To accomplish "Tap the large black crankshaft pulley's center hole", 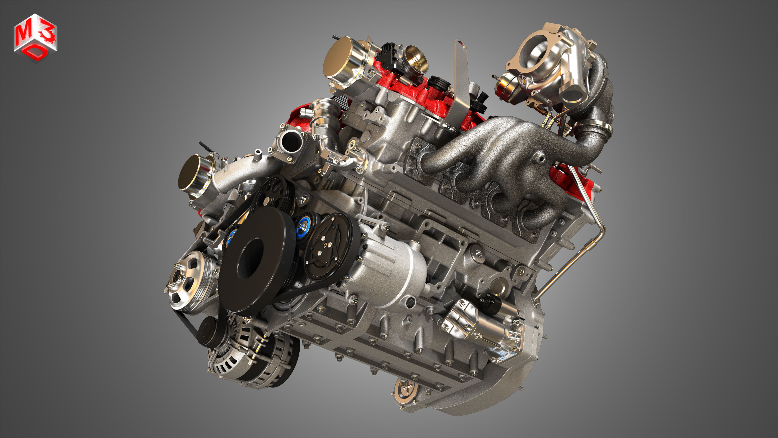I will (x=250, y=257).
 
